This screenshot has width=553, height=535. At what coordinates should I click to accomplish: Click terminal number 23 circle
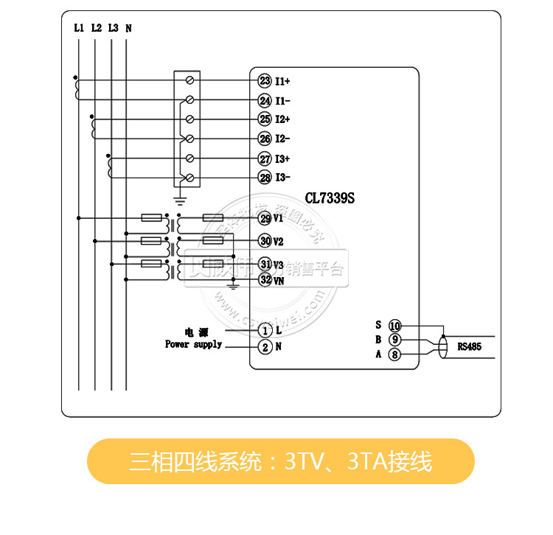[265, 80]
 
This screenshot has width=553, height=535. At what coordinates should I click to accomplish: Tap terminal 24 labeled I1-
[265, 100]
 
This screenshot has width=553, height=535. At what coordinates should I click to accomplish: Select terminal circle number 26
[265, 139]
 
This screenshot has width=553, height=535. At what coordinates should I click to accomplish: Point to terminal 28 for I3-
[265, 178]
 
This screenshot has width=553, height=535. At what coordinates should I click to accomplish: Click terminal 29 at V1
[265, 218]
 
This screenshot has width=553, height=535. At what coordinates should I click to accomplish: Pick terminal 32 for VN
[265, 280]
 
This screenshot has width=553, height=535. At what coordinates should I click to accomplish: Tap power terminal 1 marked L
[265, 331]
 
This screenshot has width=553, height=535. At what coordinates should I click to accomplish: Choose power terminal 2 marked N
[265, 346]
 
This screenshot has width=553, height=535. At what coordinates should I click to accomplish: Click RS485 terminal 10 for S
[394, 326]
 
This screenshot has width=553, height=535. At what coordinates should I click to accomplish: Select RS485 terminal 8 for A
[394, 355]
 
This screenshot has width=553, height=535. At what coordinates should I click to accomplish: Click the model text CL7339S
[330, 198]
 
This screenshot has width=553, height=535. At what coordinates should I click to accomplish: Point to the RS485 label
[469, 346]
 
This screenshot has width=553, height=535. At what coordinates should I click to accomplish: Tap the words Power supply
[193, 344]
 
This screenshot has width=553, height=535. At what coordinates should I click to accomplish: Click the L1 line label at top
[79, 28]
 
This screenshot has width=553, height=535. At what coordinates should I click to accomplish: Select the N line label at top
[128, 28]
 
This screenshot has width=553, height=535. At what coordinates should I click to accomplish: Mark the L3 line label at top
[112, 28]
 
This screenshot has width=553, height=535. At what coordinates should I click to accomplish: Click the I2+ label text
[283, 119]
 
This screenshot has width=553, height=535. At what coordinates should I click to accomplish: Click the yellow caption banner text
[280, 461]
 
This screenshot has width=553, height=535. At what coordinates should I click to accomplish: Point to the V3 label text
[279, 265]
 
